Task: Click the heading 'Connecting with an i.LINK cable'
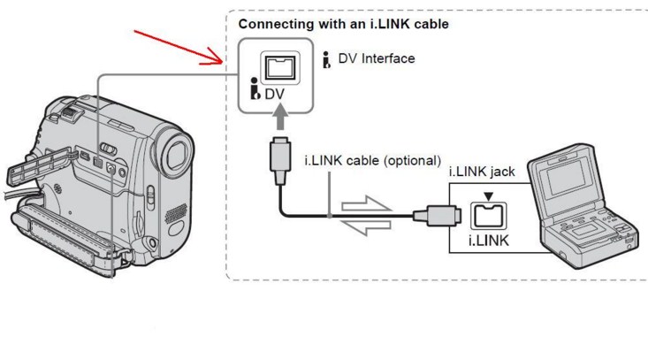(x=343, y=25)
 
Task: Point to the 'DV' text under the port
(x=276, y=91)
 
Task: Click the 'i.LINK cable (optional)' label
(x=372, y=161)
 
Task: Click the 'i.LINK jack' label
(x=478, y=172)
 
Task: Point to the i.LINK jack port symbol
(x=488, y=214)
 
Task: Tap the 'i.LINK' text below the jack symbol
(x=487, y=240)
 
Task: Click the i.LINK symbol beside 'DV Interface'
(x=327, y=59)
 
